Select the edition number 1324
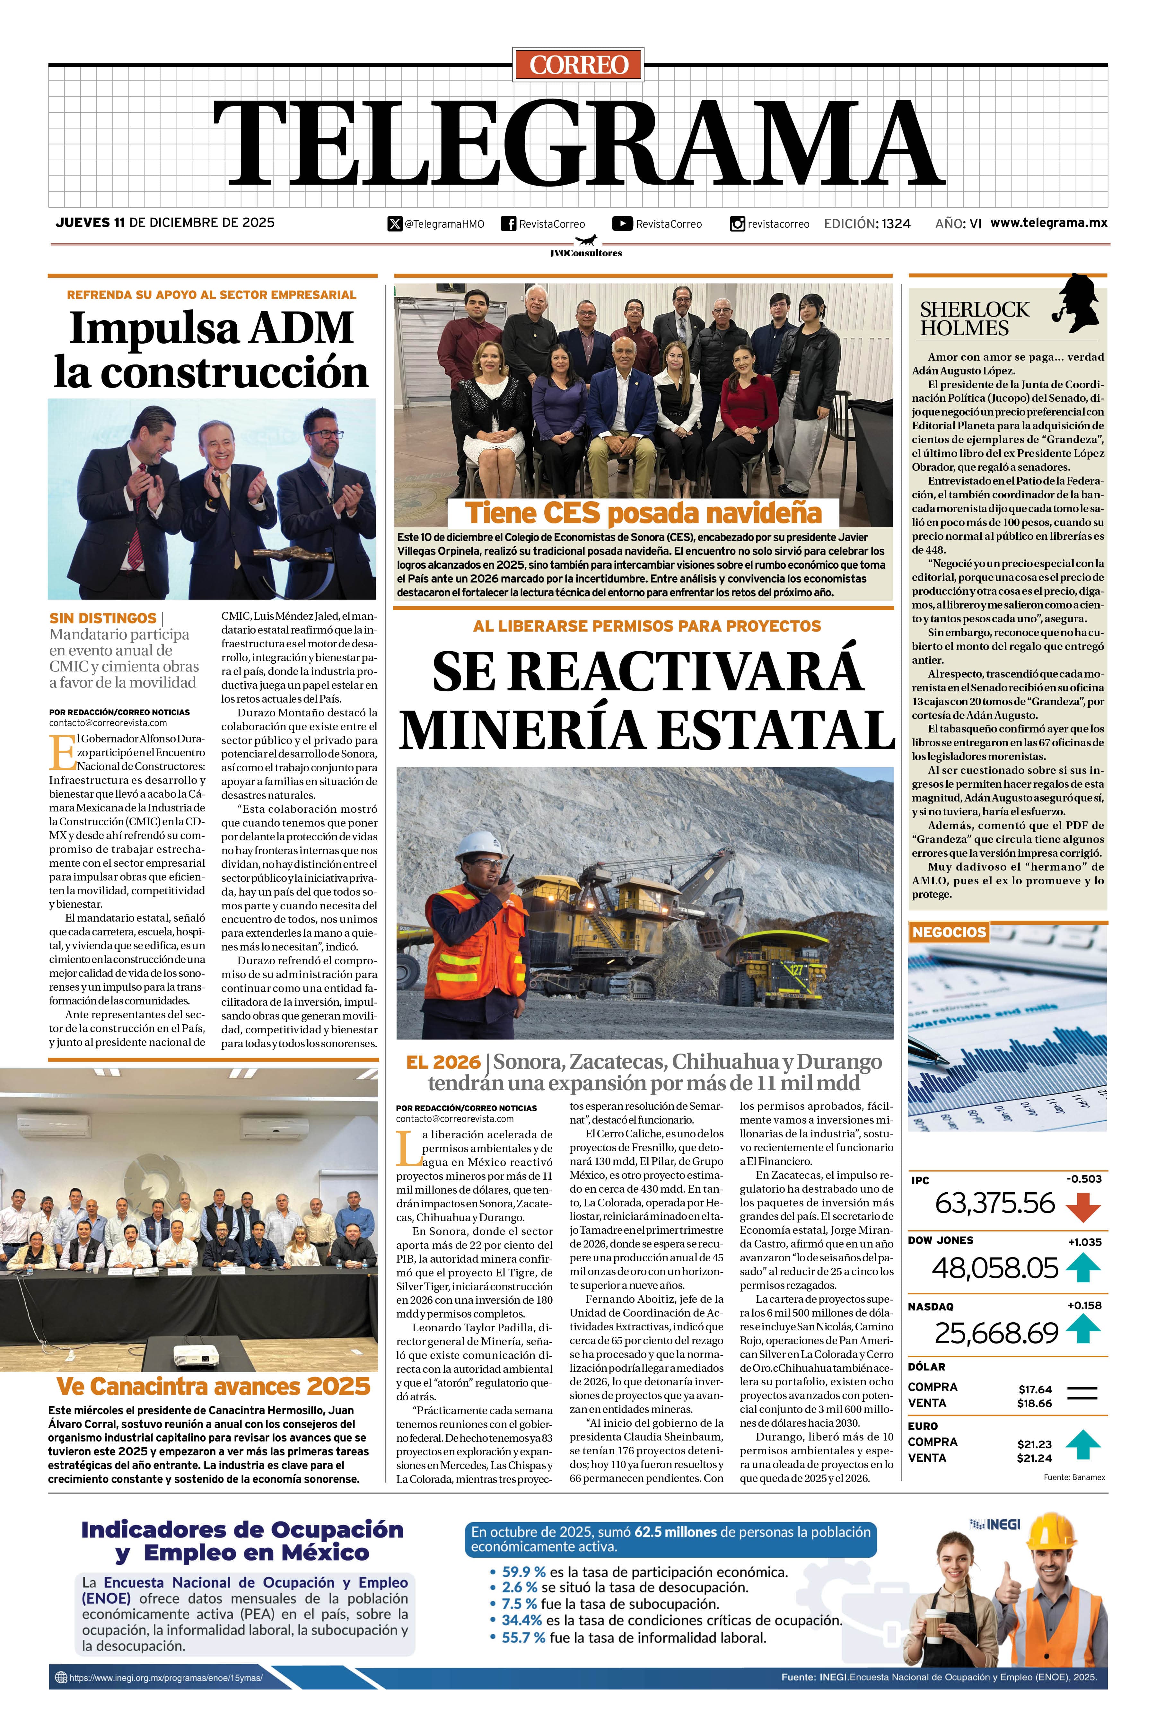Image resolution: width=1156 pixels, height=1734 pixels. coord(896,223)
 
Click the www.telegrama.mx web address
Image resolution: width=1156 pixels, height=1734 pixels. coord(1048,223)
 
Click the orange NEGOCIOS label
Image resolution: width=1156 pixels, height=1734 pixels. coord(949,932)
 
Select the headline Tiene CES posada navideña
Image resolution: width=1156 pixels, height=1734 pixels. coord(643,512)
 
